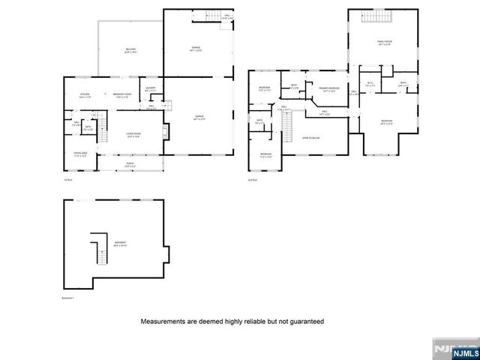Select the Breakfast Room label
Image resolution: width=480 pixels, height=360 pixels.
[122, 95]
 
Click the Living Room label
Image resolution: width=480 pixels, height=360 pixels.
[134, 135]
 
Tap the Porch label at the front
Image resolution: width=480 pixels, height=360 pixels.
[130, 164]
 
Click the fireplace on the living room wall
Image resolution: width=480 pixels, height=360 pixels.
[165, 133]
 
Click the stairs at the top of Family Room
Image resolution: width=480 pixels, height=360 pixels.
[374, 19]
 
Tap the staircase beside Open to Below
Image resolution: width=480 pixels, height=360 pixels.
[285, 133]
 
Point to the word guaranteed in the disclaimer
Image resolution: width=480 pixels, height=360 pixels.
[303, 321]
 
